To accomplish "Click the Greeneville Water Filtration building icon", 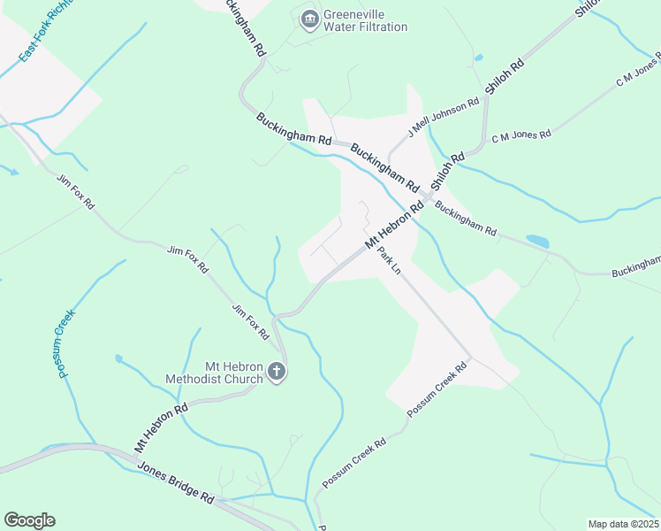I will coord(309,19).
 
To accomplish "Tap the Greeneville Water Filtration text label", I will coord(366,20).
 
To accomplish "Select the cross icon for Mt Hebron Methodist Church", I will coord(277,373).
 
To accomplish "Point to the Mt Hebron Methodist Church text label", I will coord(215,373).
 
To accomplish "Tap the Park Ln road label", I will coord(389,260).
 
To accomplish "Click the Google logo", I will coord(29,520).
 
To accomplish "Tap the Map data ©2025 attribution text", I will coord(623,524).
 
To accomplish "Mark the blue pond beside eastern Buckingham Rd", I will coord(536,241).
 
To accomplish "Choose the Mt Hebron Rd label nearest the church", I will coord(162,429).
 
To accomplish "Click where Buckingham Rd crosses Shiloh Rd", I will coord(431,196).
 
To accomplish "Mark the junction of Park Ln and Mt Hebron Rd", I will coord(371,247).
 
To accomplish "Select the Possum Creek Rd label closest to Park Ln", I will coord(436,389).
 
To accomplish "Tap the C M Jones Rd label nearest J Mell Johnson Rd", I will coord(521,135).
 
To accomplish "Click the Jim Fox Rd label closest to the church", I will coord(250,322).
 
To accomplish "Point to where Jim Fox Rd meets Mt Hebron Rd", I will coord(276,316).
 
